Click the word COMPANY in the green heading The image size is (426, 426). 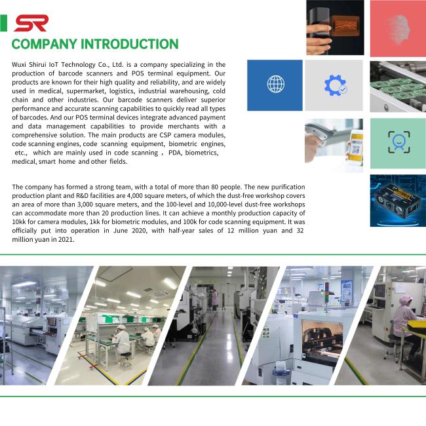[x=44, y=45]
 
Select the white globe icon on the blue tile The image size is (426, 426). [x=275, y=85]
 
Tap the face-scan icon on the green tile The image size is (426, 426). [x=397, y=142]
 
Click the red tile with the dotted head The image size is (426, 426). [x=397, y=28]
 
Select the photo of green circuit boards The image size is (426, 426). [x=397, y=85]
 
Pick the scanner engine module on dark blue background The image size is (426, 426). [x=397, y=200]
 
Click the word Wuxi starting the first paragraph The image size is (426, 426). [x=20, y=65]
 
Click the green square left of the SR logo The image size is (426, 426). [x=4, y=24]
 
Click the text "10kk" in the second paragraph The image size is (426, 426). [x=20, y=222]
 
